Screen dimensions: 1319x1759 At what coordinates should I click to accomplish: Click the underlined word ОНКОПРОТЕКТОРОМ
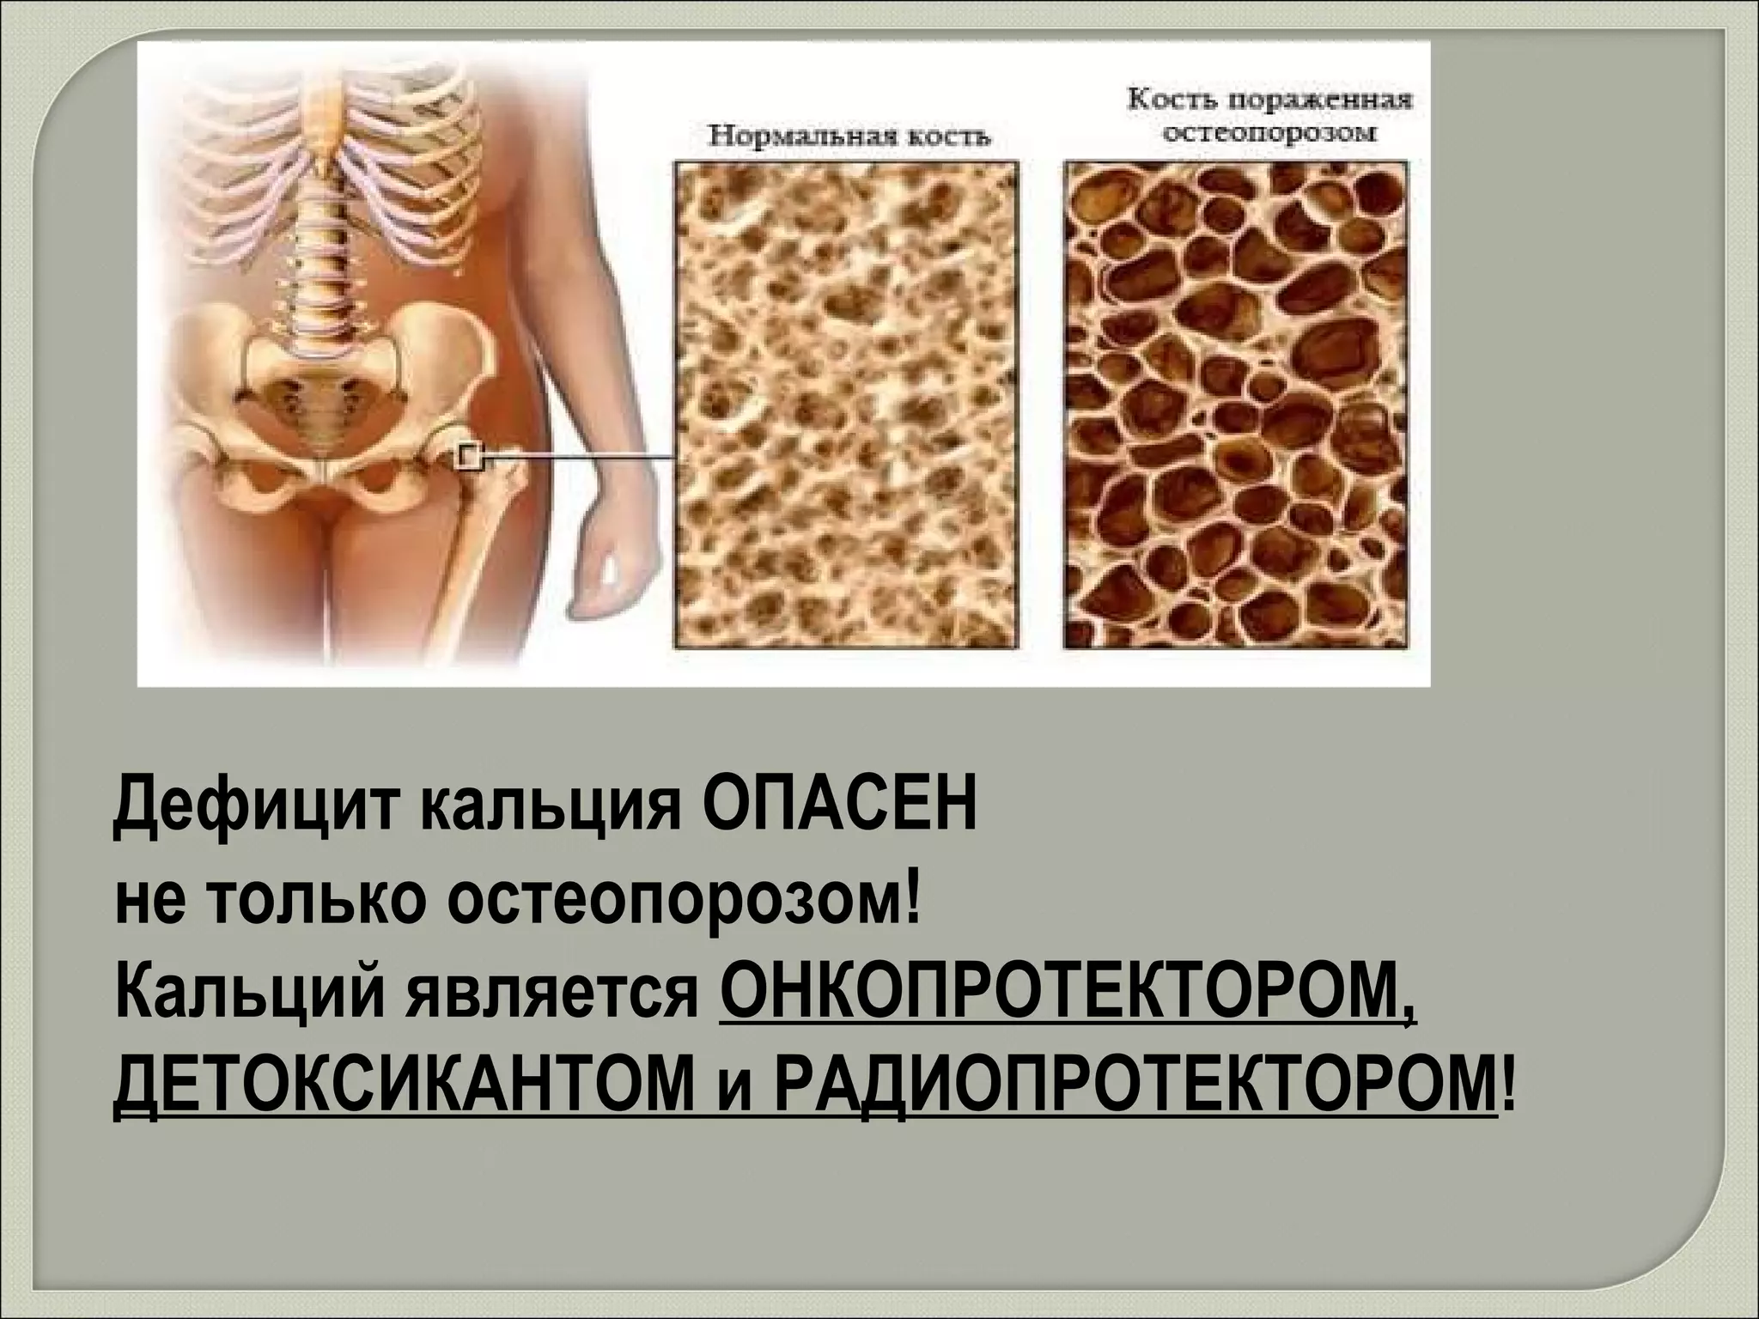(1065, 1006)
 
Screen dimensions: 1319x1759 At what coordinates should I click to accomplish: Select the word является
(558, 1006)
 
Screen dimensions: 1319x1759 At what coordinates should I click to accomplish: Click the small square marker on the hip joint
(469, 457)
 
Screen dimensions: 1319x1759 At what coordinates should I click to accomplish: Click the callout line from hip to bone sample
(584, 459)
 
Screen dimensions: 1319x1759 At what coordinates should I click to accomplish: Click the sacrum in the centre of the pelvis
(320, 404)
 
